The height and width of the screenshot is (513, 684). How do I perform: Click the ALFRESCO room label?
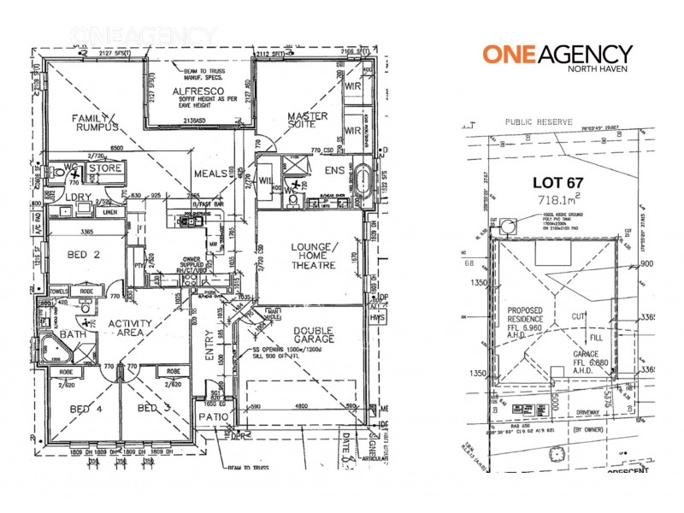tap(198, 91)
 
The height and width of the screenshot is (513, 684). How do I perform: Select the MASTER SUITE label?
tap(308, 121)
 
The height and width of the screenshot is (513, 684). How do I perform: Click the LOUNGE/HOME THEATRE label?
tap(316, 257)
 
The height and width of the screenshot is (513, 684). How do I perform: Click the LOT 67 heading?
tap(554, 182)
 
